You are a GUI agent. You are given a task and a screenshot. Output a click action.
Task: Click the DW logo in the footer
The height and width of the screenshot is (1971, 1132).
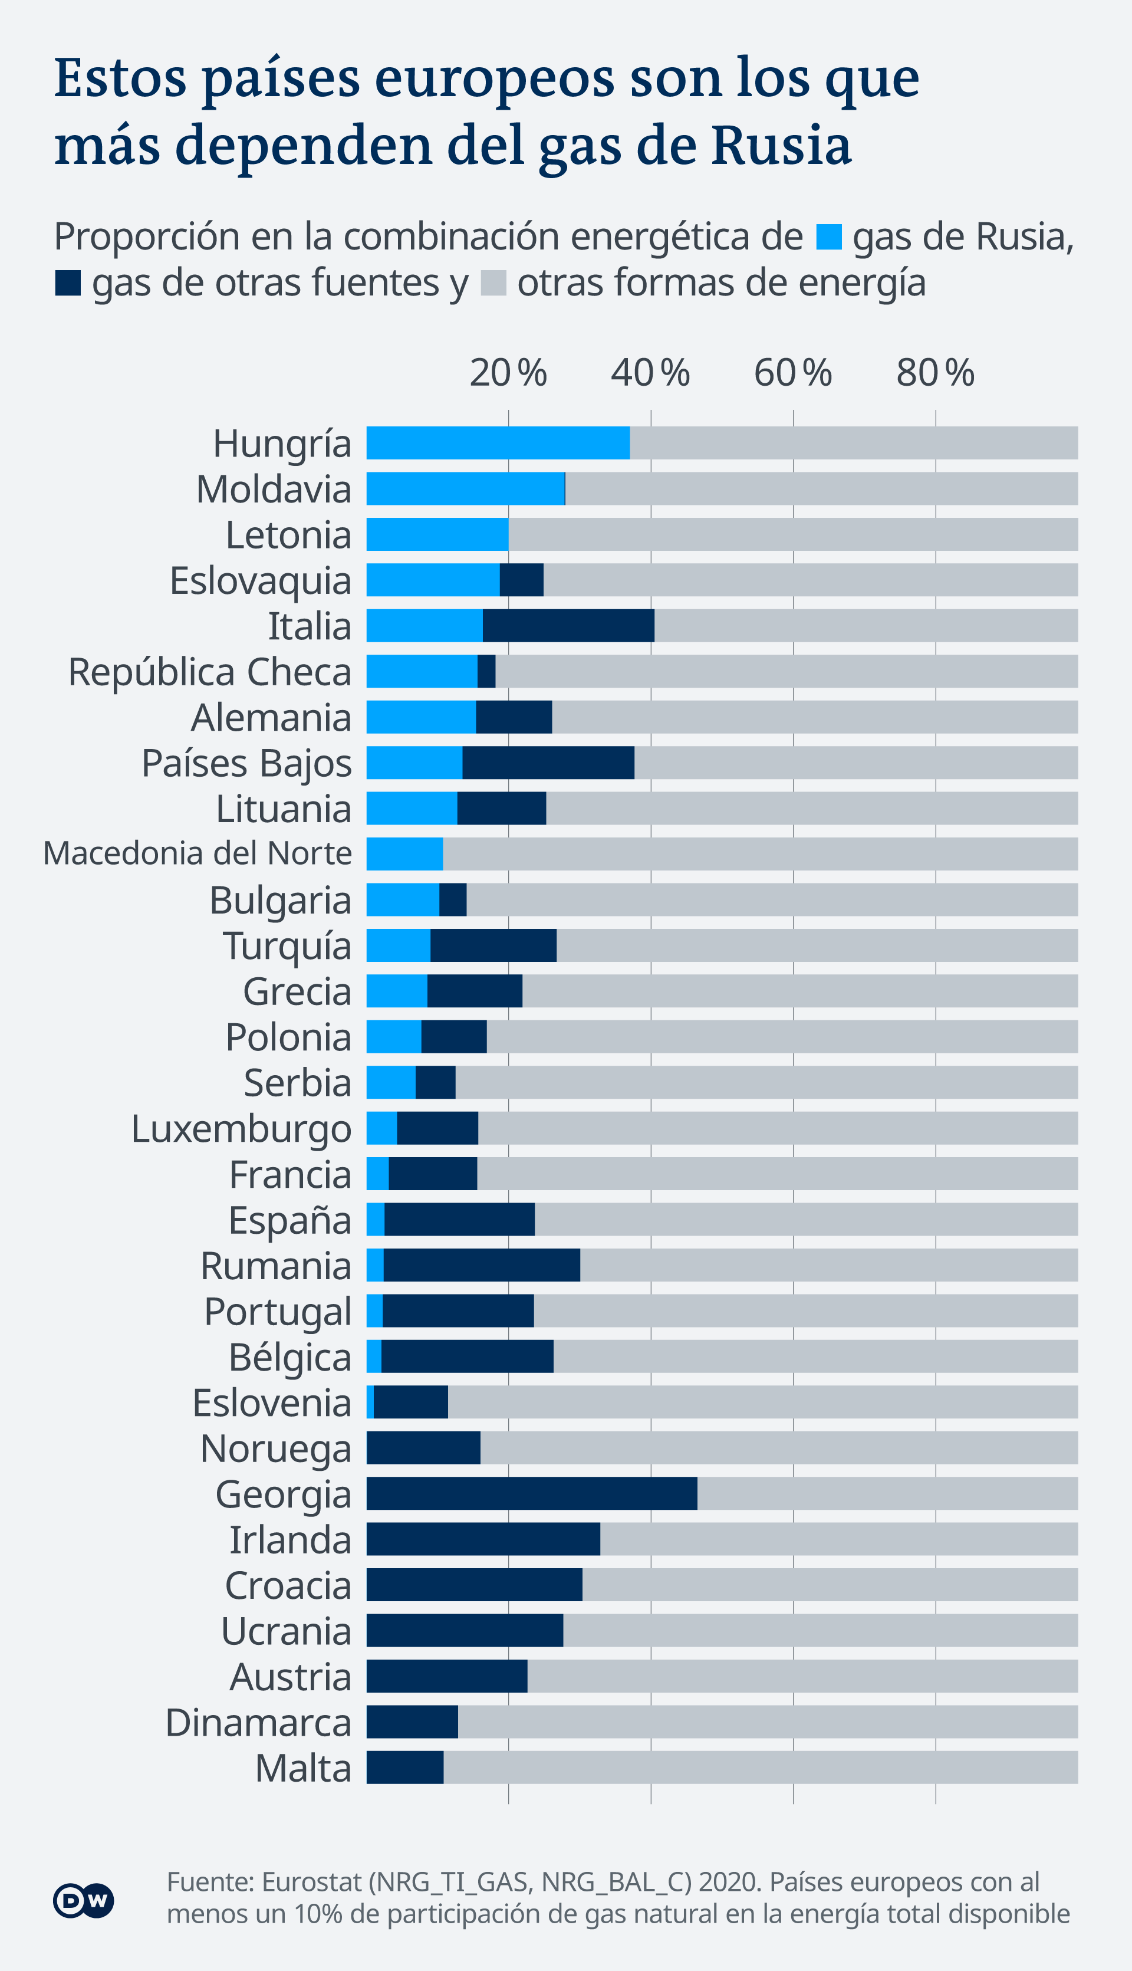tap(83, 1900)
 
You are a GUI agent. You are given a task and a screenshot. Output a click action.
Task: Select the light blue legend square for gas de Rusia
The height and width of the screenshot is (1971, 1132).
tap(829, 236)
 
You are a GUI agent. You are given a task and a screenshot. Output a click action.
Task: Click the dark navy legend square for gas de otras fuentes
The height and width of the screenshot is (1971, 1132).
tap(68, 282)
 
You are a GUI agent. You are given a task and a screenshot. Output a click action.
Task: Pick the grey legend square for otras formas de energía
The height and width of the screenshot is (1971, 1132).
tap(493, 282)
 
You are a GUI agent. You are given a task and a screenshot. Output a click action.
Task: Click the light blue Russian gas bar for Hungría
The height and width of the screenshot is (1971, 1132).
tap(498, 442)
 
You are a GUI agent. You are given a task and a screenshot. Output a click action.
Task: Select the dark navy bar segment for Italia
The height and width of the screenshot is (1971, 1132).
tap(568, 625)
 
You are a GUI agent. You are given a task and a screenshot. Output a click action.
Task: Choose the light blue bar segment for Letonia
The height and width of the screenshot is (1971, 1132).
tap(437, 534)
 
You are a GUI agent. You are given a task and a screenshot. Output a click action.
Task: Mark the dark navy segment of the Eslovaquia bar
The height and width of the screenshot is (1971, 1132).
tap(521, 580)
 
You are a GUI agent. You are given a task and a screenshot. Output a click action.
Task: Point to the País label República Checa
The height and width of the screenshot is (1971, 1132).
tap(210, 672)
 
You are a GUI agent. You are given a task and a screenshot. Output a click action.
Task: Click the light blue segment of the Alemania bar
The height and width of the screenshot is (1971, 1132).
tap(420, 717)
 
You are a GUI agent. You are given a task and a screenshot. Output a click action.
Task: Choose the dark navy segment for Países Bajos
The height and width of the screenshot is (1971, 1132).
tap(548, 762)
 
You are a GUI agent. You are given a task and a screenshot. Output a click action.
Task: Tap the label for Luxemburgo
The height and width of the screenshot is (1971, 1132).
tap(241, 1128)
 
